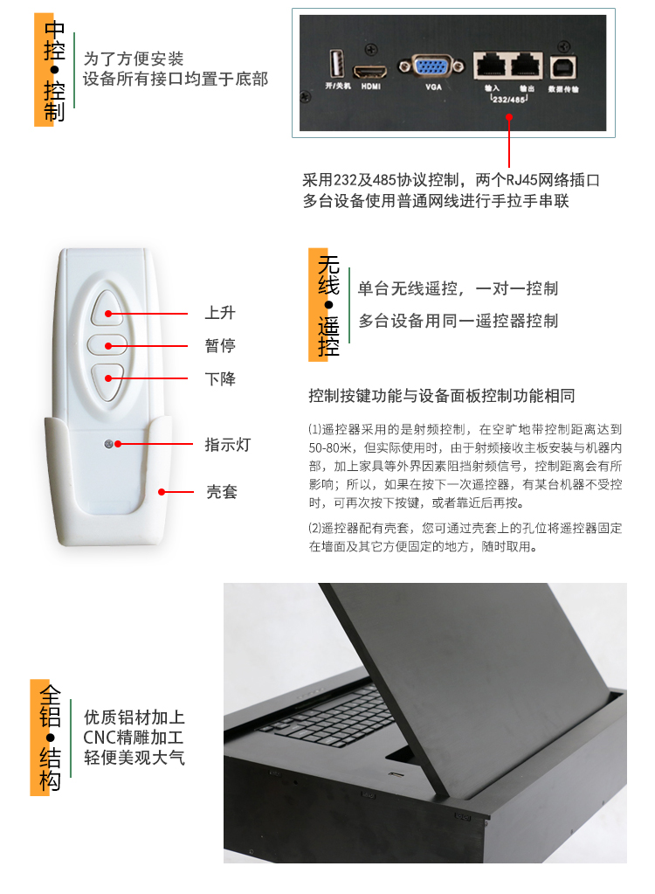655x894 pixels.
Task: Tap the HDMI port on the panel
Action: click(x=370, y=73)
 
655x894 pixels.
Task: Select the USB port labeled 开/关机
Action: click(x=337, y=63)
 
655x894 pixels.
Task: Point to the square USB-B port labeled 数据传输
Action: click(x=563, y=67)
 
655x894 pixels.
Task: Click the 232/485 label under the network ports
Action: click(x=508, y=100)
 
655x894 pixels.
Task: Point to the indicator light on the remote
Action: click(x=108, y=444)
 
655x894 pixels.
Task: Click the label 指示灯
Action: click(x=228, y=445)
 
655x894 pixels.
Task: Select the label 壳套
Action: click(x=222, y=491)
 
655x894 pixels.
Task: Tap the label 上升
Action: click(x=220, y=313)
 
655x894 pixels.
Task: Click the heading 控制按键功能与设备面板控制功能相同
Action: click(x=441, y=396)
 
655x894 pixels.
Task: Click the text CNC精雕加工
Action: click(x=134, y=738)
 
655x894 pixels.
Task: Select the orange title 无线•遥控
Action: click(x=328, y=305)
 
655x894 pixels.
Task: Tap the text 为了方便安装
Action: click(x=134, y=59)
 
